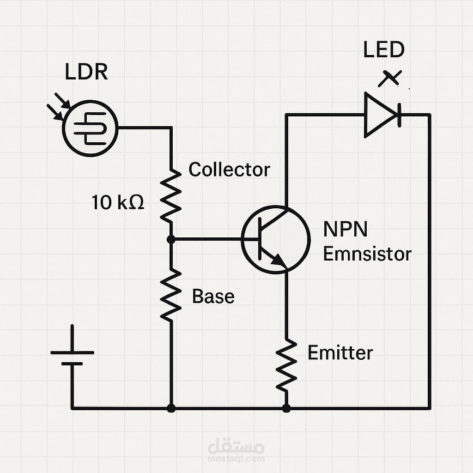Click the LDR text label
(86, 73)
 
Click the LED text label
(383, 50)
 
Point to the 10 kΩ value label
(118, 202)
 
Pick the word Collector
(229, 170)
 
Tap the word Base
(213, 296)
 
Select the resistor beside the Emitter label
(286, 365)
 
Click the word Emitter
(340, 353)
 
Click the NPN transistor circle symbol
(275, 239)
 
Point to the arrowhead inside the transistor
(279, 261)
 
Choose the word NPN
(345, 229)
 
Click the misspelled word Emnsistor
(367, 254)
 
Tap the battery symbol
(72, 358)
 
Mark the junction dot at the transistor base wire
(171, 239)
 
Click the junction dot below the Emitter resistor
(286, 408)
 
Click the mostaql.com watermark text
(236, 459)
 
